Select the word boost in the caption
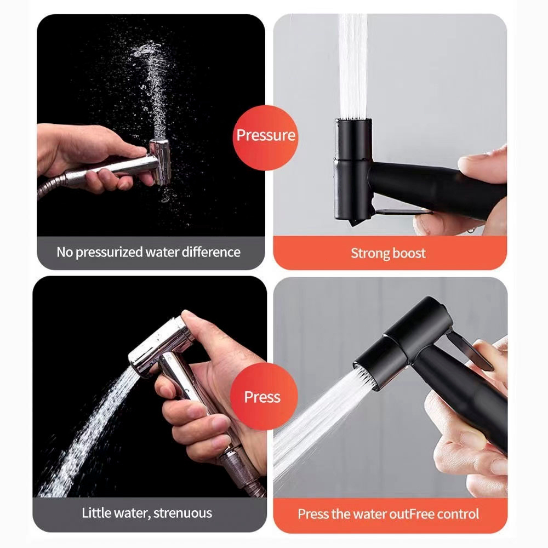tap(409, 253)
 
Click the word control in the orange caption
tap(458, 514)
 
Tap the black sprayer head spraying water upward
tap(352, 170)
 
